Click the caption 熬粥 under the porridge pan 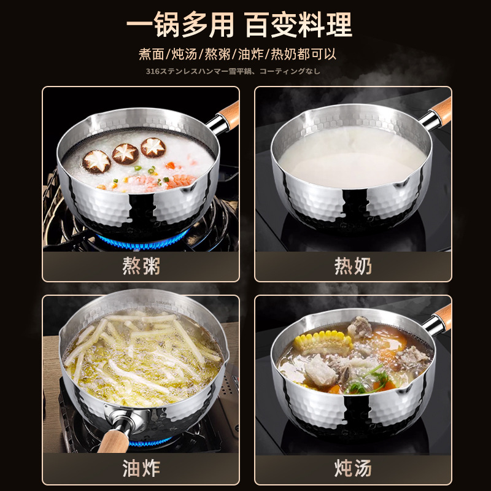pyautogui.click(x=141, y=266)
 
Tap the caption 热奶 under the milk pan pyautogui.click(x=353, y=266)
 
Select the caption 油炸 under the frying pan pyautogui.click(x=141, y=469)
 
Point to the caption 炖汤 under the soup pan pyautogui.click(x=353, y=469)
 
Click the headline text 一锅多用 pyautogui.click(x=180, y=25)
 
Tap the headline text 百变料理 pyautogui.click(x=299, y=25)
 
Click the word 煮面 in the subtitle pyautogui.click(x=152, y=53)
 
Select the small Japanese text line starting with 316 pyautogui.click(x=233, y=71)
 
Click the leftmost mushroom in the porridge pyautogui.click(x=96, y=161)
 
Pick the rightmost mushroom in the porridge pyautogui.click(x=153, y=147)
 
